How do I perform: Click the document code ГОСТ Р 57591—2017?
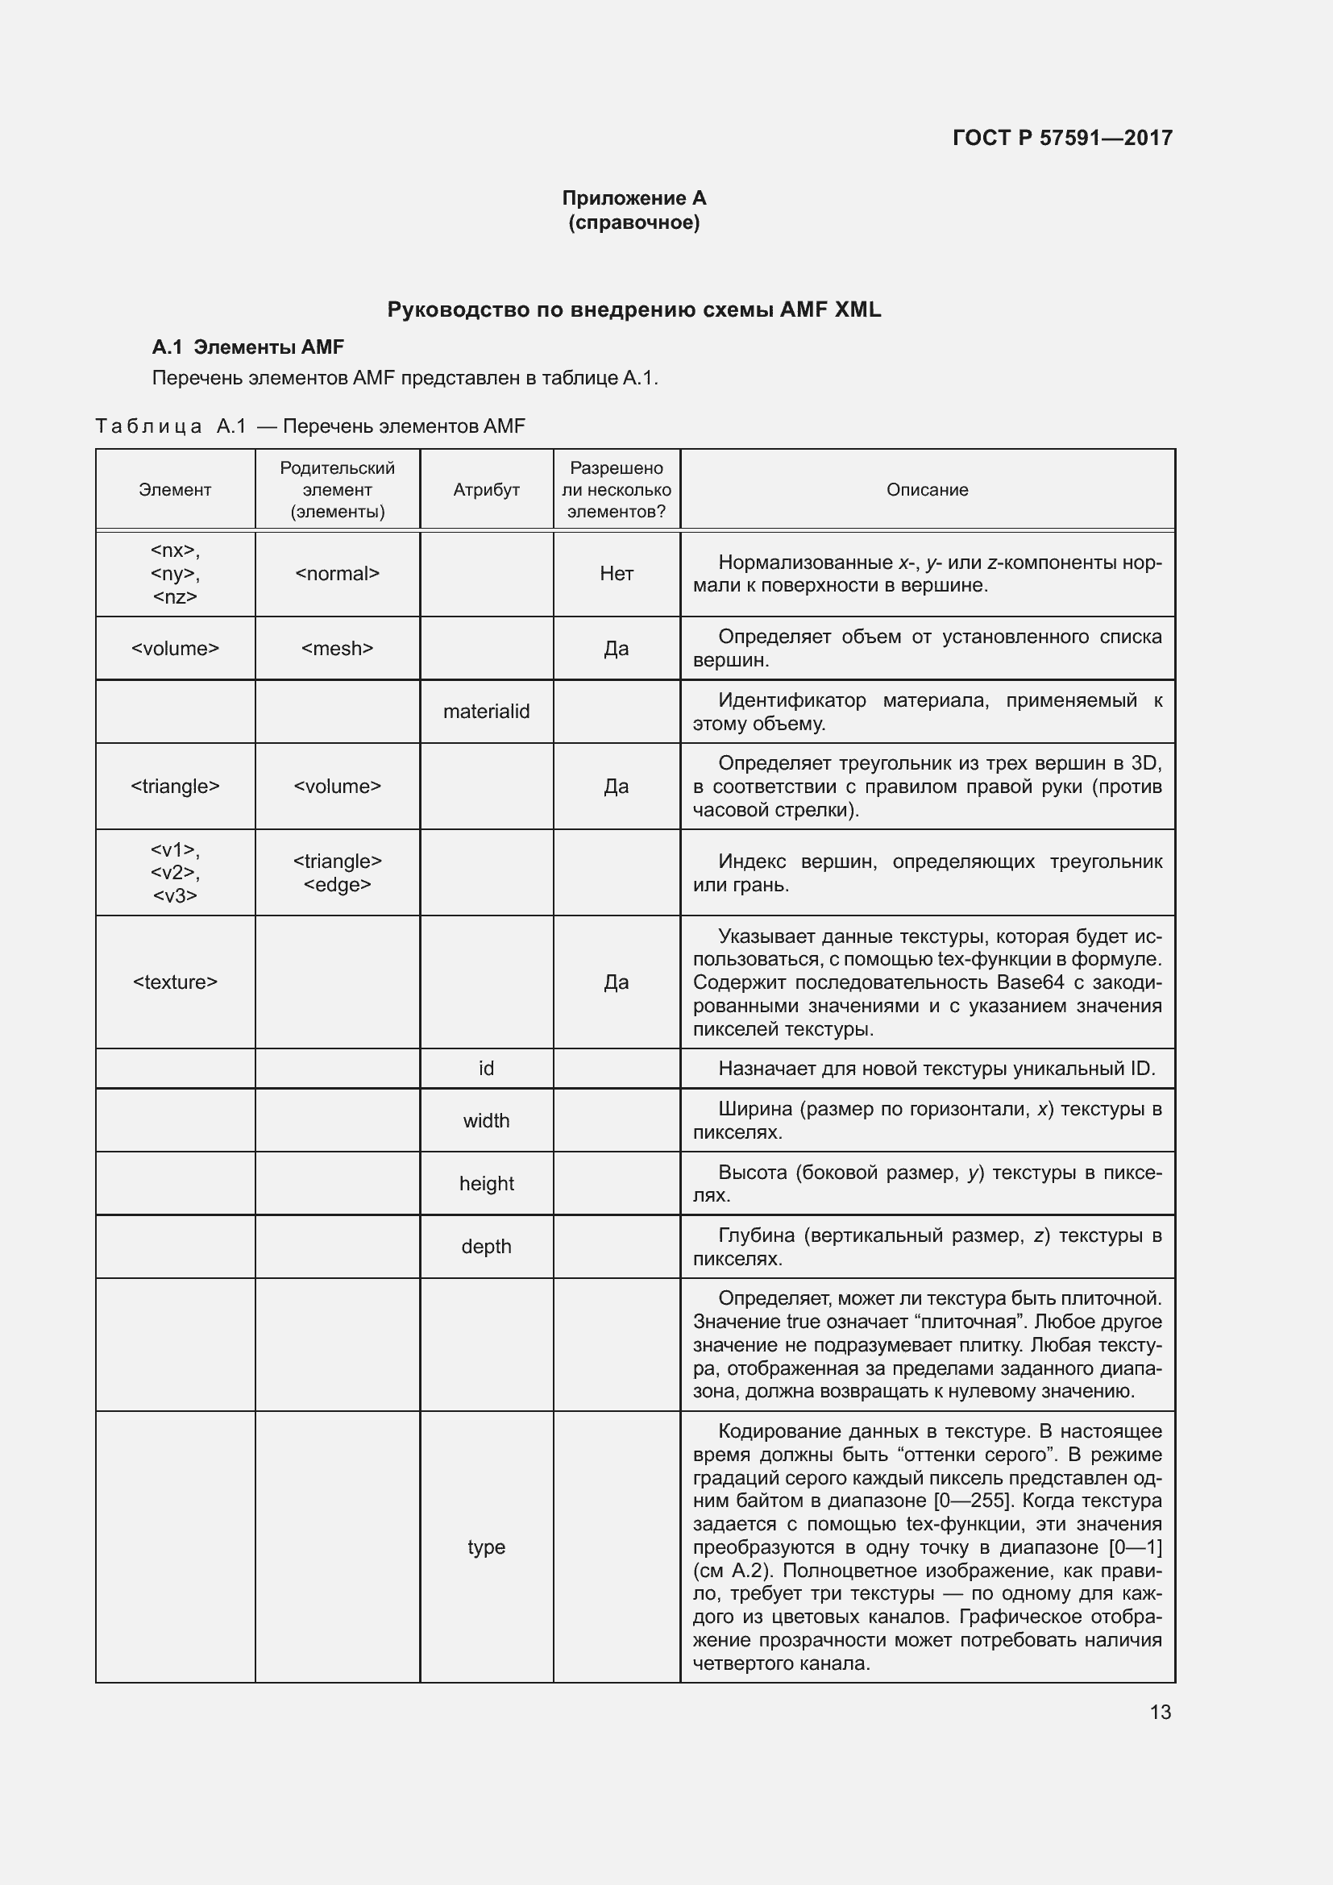pos(1062,138)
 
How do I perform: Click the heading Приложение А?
pos(633,198)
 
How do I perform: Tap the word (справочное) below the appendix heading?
pos(633,222)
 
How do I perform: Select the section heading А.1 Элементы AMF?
pos(248,347)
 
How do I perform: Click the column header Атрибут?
pos(486,490)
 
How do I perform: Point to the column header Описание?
pos(927,490)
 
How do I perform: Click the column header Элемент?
pos(175,490)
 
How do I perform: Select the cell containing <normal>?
pos(338,574)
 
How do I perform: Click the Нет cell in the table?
pos(617,574)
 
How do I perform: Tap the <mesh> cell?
pos(338,649)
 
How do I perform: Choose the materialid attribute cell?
pos(486,712)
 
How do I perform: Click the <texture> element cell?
pos(175,982)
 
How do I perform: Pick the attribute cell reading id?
pos(486,1068)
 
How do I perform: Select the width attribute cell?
pos(486,1121)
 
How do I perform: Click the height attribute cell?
pos(486,1184)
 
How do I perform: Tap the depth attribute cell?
pos(486,1246)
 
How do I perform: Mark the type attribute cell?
pos(486,1547)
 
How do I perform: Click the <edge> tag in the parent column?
pos(338,885)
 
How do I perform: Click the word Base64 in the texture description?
pos(1030,982)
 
